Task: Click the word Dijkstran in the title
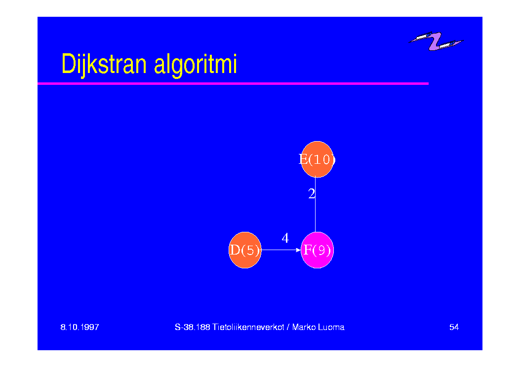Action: pyautogui.click(x=104, y=65)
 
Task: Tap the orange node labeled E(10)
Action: pyautogui.click(x=317, y=159)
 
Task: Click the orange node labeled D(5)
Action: pyautogui.click(x=245, y=250)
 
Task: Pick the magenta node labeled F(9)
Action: pyautogui.click(x=317, y=250)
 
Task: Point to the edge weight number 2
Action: pyautogui.click(x=312, y=194)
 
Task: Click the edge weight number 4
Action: pyautogui.click(x=285, y=238)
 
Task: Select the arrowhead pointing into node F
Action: pyautogui.click(x=298, y=250)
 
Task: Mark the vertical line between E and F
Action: pyautogui.click(x=316, y=205)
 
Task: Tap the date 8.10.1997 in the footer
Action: pyautogui.click(x=80, y=327)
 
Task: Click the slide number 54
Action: pyautogui.click(x=454, y=327)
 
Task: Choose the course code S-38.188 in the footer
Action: pyautogui.click(x=193, y=327)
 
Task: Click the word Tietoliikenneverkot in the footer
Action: pyautogui.click(x=248, y=327)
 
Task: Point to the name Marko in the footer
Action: pyautogui.click(x=304, y=327)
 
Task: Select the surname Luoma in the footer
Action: pyautogui.click(x=331, y=327)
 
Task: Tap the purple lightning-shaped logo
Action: pyautogui.click(x=436, y=41)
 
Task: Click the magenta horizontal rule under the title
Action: pyautogui.click(x=233, y=83)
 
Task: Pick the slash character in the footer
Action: pyautogui.click(x=288, y=327)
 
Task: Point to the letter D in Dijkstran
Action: pyautogui.click(x=68, y=64)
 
